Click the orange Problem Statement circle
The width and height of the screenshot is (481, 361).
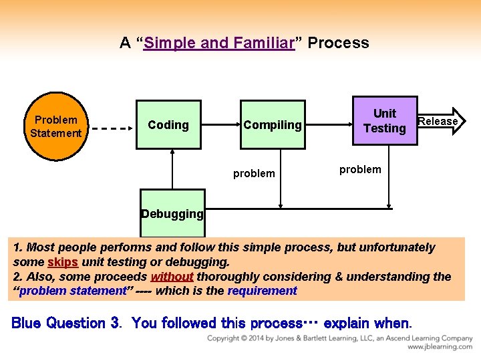tap(56, 126)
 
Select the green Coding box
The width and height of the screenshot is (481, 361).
tap(168, 125)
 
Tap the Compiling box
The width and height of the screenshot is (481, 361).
tap(273, 125)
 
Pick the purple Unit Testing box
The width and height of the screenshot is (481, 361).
tap(384, 121)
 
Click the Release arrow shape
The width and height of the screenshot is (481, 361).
tap(441, 121)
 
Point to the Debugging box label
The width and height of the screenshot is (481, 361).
tap(172, 214)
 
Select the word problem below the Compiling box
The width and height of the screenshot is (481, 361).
tap(254, 174)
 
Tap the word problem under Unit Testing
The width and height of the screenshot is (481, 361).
tap(360, 169)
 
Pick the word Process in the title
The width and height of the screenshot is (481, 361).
tap(339, 43)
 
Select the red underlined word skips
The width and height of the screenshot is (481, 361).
tap(63, 262)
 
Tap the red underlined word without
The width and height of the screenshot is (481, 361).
tap(172, 276)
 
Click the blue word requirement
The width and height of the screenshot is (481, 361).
tap(262, 290)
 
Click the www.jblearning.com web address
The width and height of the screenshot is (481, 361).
tap(440, 347)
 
